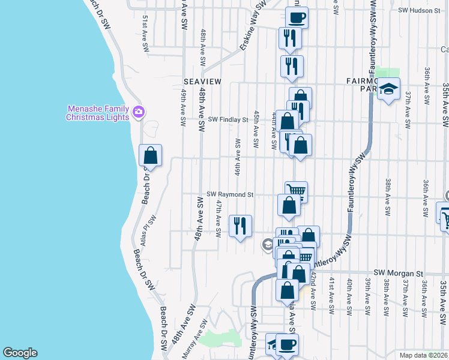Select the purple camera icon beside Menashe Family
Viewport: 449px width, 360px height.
(139, 112)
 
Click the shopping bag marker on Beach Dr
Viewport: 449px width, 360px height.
(151, 155)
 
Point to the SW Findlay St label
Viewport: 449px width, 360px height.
(228, 120)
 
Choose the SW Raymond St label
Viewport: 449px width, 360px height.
(231, 194)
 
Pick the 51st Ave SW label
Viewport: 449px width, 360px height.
(145, 35)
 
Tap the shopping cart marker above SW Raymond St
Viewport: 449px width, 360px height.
(296, 191)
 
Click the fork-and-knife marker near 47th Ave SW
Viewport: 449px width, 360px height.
(240, 226)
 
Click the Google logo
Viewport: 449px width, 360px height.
(20, 353)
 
